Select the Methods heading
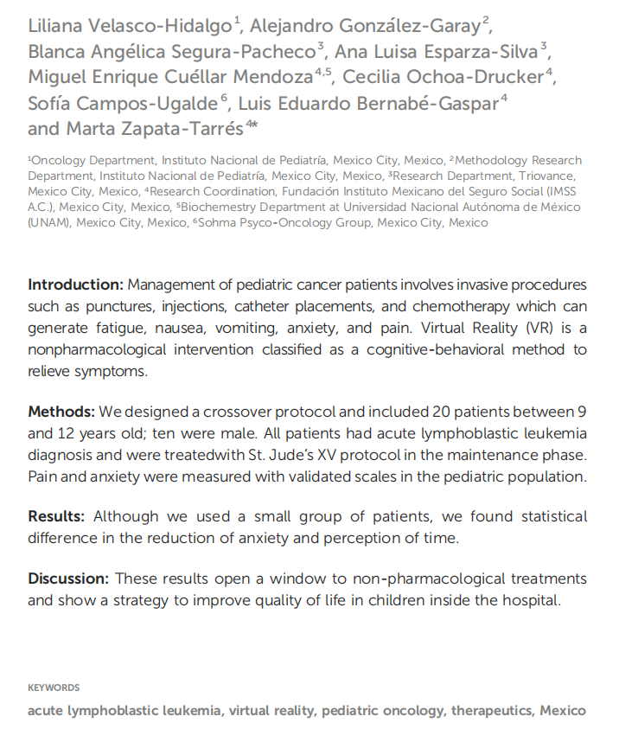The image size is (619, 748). [61, 410]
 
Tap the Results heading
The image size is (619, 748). [56, 516]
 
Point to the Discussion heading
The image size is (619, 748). [67, 579]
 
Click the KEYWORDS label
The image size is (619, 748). [54, 688]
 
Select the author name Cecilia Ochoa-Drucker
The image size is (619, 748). [444, 76]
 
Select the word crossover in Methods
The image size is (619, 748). [223, 410]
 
